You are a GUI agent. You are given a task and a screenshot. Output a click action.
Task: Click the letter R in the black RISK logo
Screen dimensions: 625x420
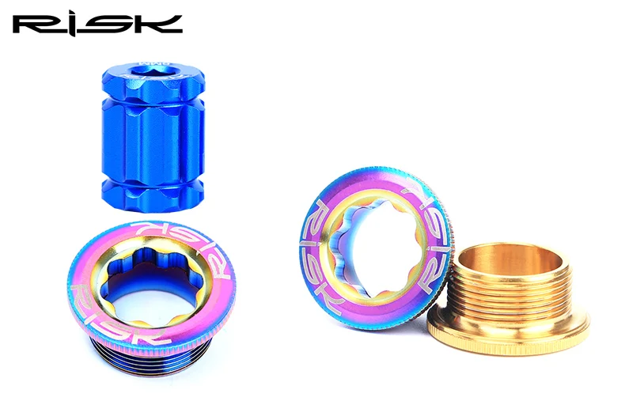tap(33, 25)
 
